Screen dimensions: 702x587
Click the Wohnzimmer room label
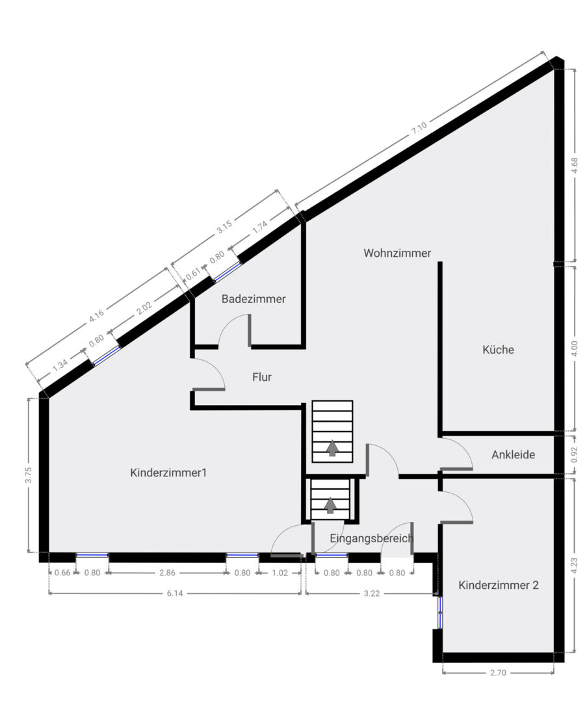click(397, 253)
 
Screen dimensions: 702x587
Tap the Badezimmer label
click(253, 299)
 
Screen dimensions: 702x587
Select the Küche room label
click(498, 349)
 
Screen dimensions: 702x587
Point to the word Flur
click(261, 376)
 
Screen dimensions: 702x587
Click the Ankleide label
click(513, 454)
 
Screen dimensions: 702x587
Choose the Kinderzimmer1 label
click(168, 472)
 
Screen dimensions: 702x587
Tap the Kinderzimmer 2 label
click(499, 584)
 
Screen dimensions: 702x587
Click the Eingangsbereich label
click(371, 538)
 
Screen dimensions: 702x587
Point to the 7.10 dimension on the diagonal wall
click(419, 129)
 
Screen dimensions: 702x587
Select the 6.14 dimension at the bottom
click(174, 593)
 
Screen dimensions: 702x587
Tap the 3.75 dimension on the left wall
click(29, 475)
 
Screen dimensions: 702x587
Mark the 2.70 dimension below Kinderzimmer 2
click(498, 673)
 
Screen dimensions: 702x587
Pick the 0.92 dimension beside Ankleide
click(574, 454)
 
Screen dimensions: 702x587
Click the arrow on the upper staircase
click(332, 448)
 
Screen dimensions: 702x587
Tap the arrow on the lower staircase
click(331, 505)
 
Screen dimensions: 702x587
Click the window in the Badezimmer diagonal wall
click(226, 272)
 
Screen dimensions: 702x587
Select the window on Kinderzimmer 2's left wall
click(439, 612)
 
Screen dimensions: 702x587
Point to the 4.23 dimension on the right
click(574, 565)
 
